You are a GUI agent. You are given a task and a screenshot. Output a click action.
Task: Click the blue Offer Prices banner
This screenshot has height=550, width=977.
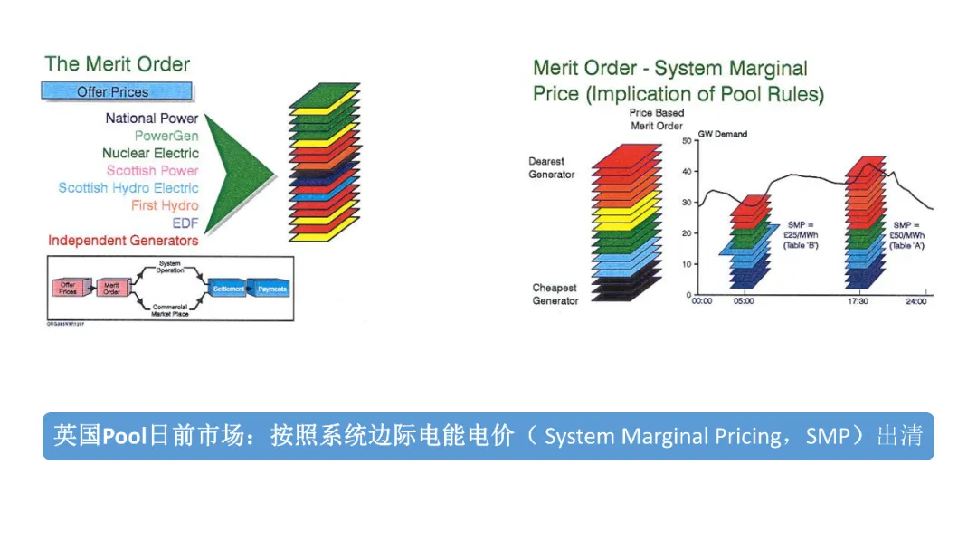click(x=116, y=91)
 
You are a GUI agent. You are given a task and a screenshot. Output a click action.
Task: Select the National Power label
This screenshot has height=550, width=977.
click(x=151, y=119)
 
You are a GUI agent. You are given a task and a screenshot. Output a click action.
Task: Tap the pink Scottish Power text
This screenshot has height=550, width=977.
click(x=152, y=171)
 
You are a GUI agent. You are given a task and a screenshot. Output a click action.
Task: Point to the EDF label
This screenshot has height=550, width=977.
click(x=185, y=223)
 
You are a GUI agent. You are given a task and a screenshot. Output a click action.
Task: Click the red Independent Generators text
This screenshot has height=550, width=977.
click(x=123, y=241)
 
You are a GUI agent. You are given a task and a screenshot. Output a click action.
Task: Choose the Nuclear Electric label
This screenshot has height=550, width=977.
click(x=150, y=154)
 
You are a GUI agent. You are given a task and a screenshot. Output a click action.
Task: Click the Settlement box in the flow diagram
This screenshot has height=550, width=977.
click(x=228, y=289)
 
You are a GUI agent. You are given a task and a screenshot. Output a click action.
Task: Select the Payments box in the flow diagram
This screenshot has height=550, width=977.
click(x=272, y=289)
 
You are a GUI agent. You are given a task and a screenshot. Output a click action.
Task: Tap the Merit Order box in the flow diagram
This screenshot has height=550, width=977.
click(x=111, y=289)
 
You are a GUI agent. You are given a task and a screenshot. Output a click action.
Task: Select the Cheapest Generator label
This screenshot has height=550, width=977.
click(x=555, y=294)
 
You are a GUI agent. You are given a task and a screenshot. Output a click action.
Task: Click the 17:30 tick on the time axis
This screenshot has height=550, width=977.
click(x=858, y=301)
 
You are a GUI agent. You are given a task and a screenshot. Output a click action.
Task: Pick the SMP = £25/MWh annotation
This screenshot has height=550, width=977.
click(x=801, y=235)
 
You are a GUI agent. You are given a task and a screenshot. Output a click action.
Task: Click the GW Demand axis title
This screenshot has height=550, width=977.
click(x=723, y=134)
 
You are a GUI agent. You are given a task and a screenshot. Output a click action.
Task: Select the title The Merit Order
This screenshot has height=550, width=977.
click(x=118, y=64)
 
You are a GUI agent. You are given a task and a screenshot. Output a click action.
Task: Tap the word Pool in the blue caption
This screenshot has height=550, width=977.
click(x=125, y=437)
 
